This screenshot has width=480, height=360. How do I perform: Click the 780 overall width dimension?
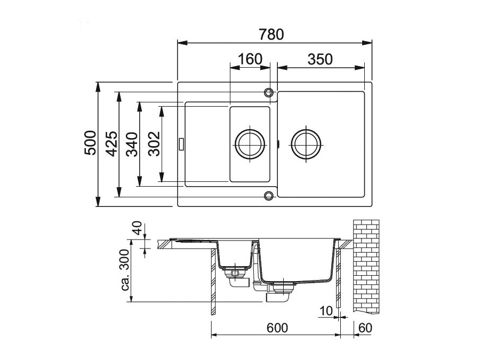(271, 34)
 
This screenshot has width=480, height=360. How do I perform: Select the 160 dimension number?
(250, 59)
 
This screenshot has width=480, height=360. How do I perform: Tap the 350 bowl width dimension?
(320, 59)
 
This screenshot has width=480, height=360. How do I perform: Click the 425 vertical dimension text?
(111, 143)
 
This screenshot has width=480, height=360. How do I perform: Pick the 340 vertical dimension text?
(132, 144)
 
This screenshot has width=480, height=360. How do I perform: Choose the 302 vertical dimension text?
(154, 144)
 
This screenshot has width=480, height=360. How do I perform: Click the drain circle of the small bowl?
(250, 143)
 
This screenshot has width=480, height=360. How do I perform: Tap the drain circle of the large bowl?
(306, 144)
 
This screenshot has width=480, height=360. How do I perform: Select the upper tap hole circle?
(269, 92)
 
